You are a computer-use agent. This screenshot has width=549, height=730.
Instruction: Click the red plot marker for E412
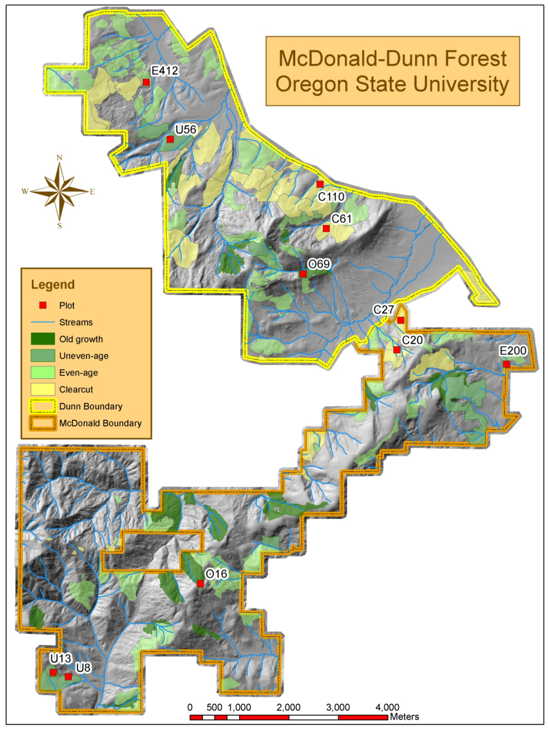coord(146,82)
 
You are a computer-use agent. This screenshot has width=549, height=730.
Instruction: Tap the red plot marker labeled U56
coord(170,139)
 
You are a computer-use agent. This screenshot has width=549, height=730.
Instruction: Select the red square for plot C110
coord(320,185)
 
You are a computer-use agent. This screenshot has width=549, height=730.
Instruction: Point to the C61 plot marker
coord(326,228)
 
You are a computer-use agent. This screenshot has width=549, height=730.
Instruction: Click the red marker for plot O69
coord(303,274)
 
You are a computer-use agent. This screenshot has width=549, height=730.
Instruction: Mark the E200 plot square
coord(507,364)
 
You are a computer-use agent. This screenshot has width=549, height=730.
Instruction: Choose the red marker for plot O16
coord(200,584)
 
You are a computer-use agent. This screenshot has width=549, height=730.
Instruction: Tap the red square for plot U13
coord(53,672)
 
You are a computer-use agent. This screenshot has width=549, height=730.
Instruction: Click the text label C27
coord(384,309)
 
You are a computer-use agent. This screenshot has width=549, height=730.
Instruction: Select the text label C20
coord(412,340)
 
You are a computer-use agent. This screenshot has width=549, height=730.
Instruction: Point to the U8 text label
coord(83,668)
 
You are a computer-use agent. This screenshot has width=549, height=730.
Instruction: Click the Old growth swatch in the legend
coord(43,339)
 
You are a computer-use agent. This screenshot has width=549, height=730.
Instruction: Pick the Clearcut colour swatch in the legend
coord(43,389)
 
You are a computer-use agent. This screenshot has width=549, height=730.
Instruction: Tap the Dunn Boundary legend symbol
coord(43,406)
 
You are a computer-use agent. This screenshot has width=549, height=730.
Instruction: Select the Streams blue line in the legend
coord(43,322)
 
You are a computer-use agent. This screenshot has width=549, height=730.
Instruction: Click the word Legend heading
coord(53,285)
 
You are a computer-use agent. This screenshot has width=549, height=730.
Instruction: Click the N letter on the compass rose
coord(60,158)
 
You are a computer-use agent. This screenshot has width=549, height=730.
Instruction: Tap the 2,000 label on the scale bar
coord(288,707)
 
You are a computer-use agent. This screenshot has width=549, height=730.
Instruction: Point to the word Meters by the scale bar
coord(404,717)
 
